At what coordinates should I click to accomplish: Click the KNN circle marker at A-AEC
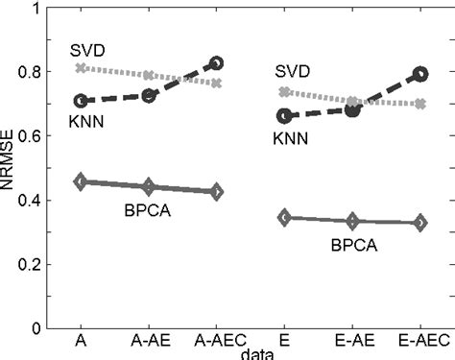pyautogui.click(x=217, y=63)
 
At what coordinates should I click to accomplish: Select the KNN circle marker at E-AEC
pyautogui.click(x=419, y=74)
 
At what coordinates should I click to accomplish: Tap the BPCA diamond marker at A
pyautogui.click(x=82, y=181)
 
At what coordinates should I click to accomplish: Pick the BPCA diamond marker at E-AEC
pyautogui.click(x=419, y=223)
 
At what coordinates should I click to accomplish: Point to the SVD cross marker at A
pyautogui.click(x=82, y=68)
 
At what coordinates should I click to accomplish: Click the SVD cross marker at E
pyautogui.click(x=284, y=92)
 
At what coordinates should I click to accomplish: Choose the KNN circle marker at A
pyautogui.click(x=82, y=101)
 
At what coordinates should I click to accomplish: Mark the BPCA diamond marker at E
pyautogui.click(x=284, y=218)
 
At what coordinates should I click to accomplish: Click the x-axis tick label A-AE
pyautogui.click(x=149, y=341)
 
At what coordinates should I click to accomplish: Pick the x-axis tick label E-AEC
pyautogui.click(x=419, y=341)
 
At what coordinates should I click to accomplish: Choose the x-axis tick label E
pyautogui.click(x=284, y=341)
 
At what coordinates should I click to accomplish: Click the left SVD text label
pyautogui.click(x=86, y=49)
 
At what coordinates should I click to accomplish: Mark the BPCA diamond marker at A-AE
pyautogui.click(x=149, y=186)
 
